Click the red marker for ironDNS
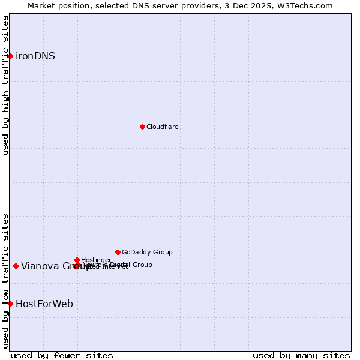point(10,56)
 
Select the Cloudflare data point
point(142,127)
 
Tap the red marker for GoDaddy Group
point(118,252)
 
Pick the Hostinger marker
point(77,260)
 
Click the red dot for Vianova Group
point(16,266)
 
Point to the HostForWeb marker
point(10,304)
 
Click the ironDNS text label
point(35,56)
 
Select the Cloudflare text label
point(163,127)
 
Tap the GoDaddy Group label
point(147,252)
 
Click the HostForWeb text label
point(44,304)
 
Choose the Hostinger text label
point(96,260)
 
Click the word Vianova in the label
point(40,266)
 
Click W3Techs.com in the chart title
point(308,5)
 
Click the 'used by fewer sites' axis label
point(62,355)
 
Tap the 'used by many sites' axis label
point(301,355)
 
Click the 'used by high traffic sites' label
point(5,85)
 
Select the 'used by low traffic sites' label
point(5,280)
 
